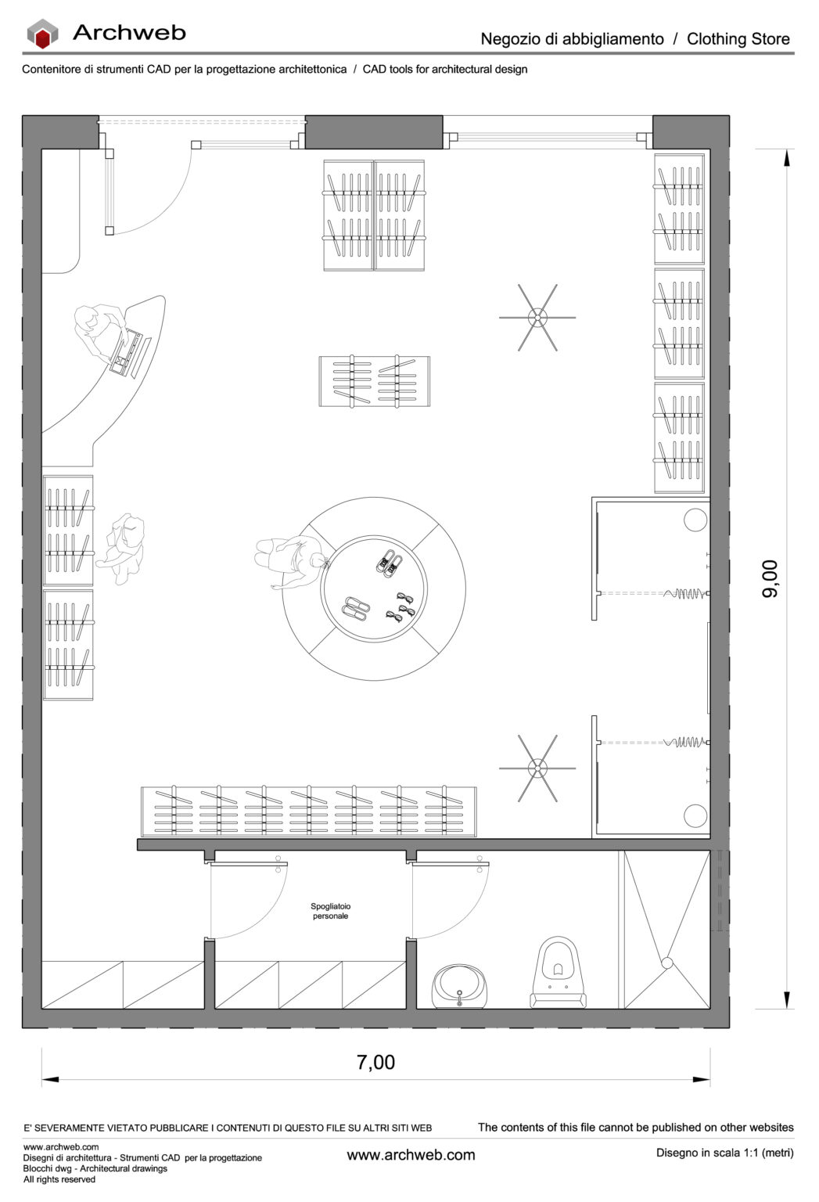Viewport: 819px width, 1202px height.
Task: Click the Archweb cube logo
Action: click(42, 34)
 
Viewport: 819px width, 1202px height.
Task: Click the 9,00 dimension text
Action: click(770, 579)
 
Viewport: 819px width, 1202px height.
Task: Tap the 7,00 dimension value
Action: click(375, 1062)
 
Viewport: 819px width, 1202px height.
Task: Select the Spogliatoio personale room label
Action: click(330, 912)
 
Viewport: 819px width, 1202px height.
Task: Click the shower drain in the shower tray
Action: click(666, 963)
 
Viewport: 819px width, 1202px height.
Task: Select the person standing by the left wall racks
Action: click(123, 549)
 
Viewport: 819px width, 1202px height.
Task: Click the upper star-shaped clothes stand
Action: click(537, 318)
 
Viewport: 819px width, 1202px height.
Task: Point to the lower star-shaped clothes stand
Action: click(537, 768)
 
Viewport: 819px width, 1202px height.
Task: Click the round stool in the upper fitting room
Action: click(695, 520)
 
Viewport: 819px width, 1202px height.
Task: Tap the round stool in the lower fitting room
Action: click(695, 815)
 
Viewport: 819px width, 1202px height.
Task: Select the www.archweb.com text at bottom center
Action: click(411, 1155)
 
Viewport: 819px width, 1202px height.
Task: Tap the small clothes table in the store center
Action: click(374, 381)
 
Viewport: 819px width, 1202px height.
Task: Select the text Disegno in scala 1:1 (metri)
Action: click(724, 1153)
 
